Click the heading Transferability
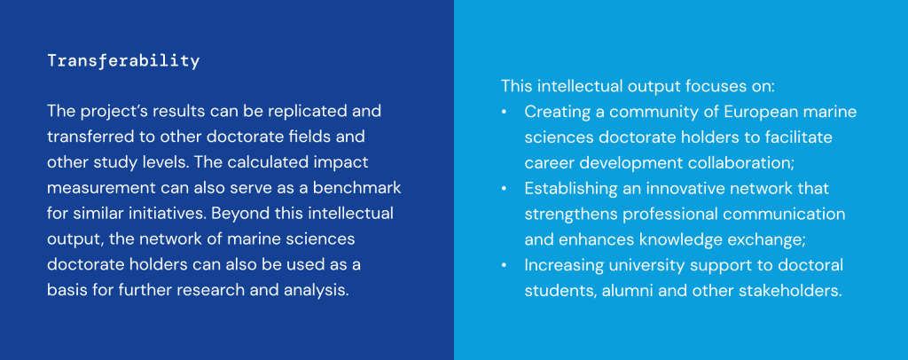[123, 61]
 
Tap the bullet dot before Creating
[505, 112]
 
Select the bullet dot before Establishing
[505, 189]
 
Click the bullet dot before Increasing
[505, 265]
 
